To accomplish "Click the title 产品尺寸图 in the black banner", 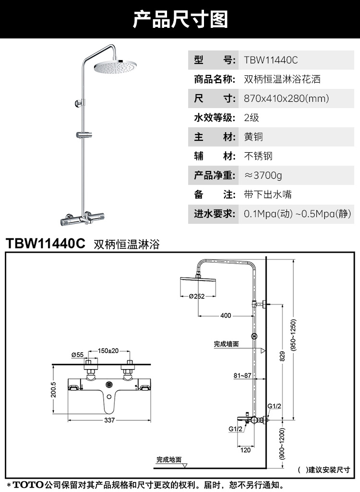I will [180, 20].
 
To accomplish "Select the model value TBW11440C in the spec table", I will [271, 60].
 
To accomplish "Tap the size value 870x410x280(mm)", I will [286, 98].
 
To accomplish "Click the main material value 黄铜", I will [253, 137].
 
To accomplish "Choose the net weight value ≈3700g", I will [263, 175].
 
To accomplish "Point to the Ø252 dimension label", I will [197, 296].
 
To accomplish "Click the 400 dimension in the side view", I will [226, 316].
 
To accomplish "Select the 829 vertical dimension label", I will [282, 356].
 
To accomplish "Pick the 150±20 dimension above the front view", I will [109, 351].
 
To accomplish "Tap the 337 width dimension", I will [109, 420].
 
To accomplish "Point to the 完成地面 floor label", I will [168, 459].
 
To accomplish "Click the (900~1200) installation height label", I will [282, 445].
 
